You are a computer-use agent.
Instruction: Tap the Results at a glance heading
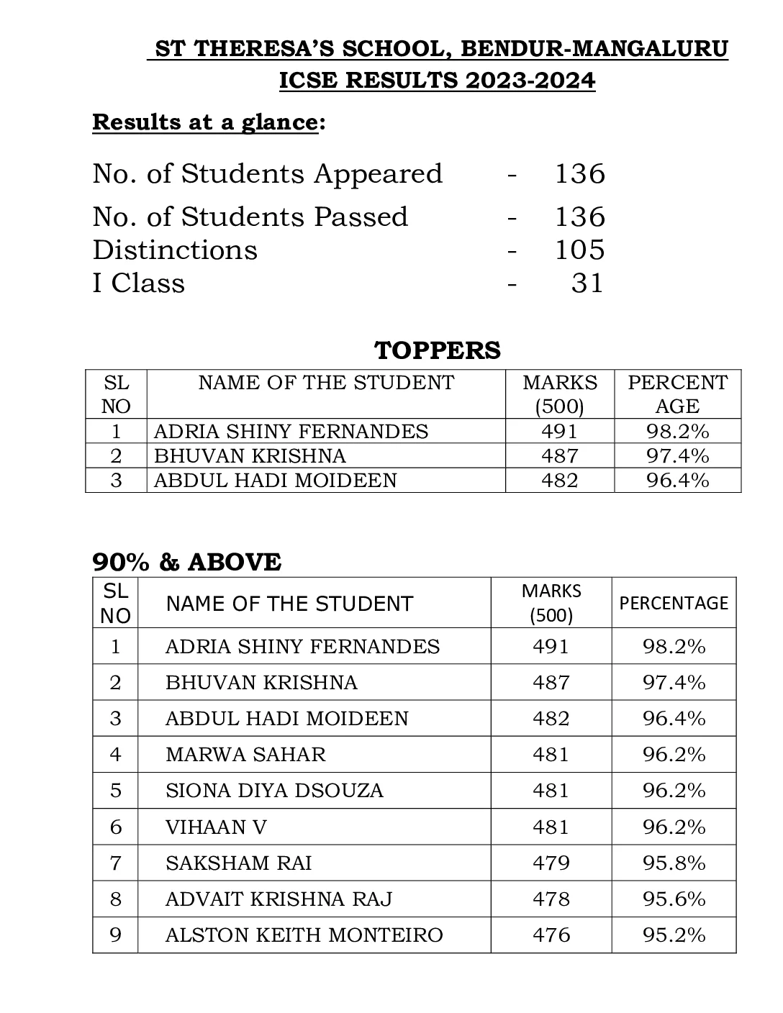click(x=205, y=122)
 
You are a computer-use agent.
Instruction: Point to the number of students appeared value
click(x=579, y=174)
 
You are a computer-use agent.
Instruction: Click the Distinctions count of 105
click(x=579, y=250)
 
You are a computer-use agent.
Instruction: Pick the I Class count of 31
click(x=587, y=283)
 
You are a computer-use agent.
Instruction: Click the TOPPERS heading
click(x=438, y=350)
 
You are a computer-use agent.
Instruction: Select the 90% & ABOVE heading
click(x=187, y=562)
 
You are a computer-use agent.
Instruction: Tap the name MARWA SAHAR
click(x=245, y=754)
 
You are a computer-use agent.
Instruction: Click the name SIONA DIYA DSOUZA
click(x=274, y=790)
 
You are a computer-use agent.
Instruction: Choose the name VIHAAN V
click(x=216, y=827)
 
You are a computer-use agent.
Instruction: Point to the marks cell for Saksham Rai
click(x=551, y=863)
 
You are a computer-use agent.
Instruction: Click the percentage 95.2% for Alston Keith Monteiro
click(x=674, y=935)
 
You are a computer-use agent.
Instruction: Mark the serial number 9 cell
click(x=115, y=935)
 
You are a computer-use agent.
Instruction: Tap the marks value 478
click(x=551, y=899)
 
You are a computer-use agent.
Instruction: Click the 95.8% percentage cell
click(x=674, y=863)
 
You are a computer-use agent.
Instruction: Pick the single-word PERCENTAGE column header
click(x=674, y=603)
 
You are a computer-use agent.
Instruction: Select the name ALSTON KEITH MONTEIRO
click(x=304, y=935)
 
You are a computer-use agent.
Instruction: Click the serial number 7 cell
click(x=115, y=863)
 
